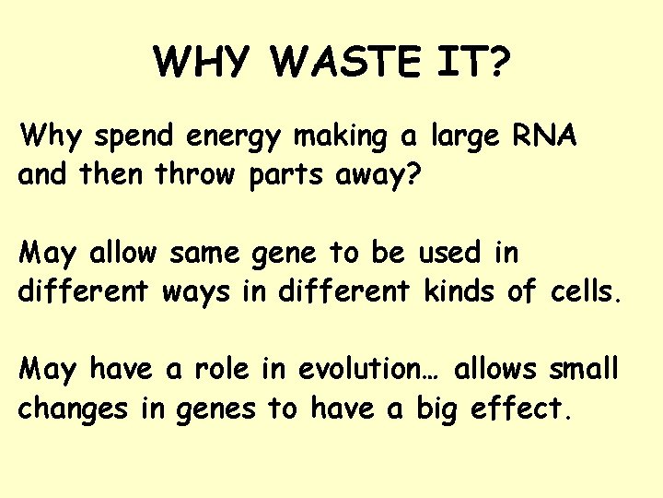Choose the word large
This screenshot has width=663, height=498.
tap(464, 138)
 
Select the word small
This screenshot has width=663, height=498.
tap(583, 369)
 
